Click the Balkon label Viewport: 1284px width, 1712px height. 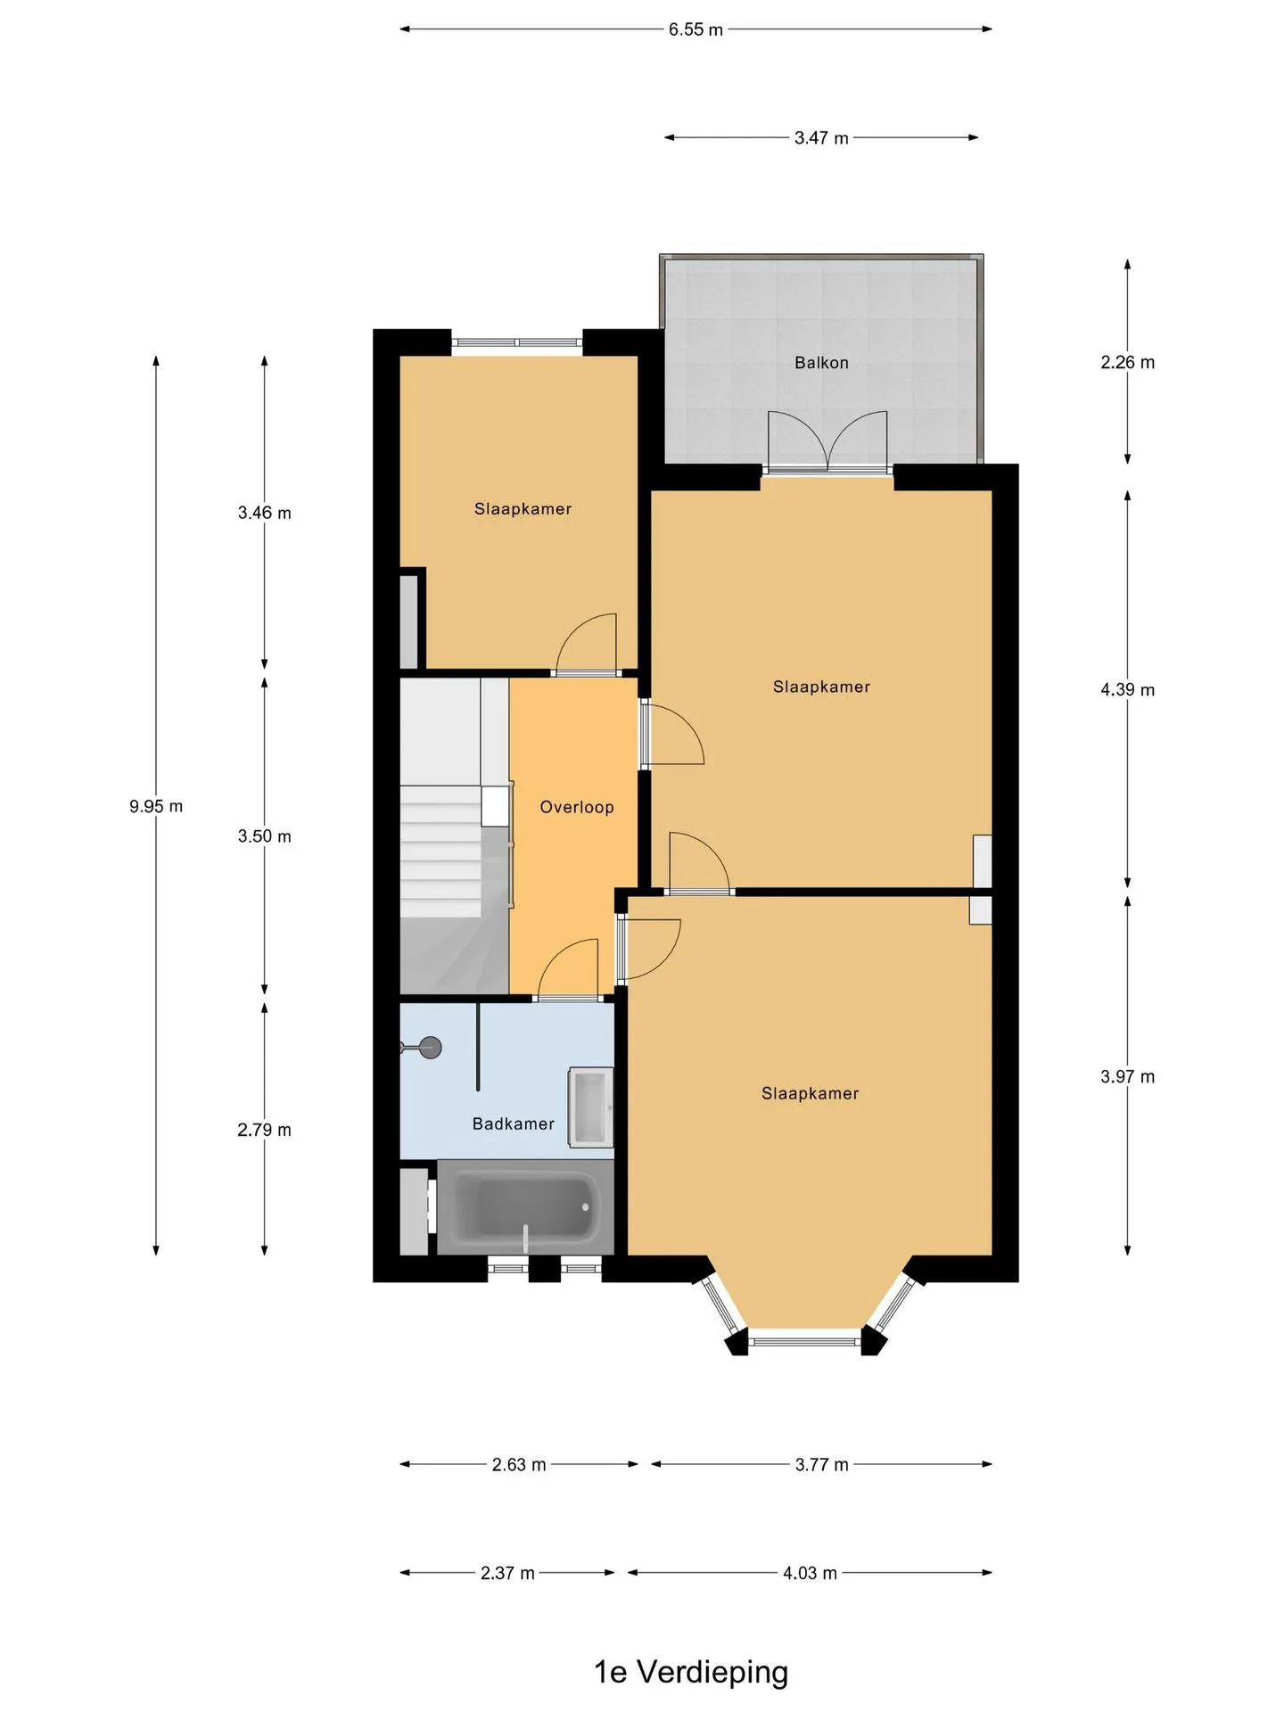click(x=821, y=363)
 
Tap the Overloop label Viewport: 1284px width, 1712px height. click(x=577, y=807)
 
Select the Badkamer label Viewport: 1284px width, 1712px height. click(x=514, y=1123)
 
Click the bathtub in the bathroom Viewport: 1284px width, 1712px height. click(x=525, y=1207)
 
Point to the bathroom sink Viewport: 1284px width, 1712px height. click(x=591, y=1106)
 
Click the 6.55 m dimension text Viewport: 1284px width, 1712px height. click(x=696, y=29)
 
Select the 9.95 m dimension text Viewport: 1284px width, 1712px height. click(x=156, y=806)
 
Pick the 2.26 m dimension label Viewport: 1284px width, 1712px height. click(x=1127, y=362)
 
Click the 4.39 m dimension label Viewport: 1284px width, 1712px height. click(x=1127, y=689)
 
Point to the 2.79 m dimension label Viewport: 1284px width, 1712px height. click(x=264, y=1130)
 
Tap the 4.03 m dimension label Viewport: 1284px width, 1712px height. click(x=810, y=1573)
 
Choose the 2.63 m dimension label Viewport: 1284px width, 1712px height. click(x=519, y=1464)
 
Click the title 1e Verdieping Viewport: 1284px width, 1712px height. click(x=691, y=1672)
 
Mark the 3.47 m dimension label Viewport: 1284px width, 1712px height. click(x=821, y=138)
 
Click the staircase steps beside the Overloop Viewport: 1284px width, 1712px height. click(x=441, y=852)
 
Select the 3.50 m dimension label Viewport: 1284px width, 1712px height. click(x=264, y=835)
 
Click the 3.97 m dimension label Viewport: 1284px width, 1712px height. click(x=1127, y=1076)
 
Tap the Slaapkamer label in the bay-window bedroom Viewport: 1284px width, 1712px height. click(x=810, y=1093)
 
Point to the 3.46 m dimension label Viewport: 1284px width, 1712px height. click(x=264, y=513)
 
